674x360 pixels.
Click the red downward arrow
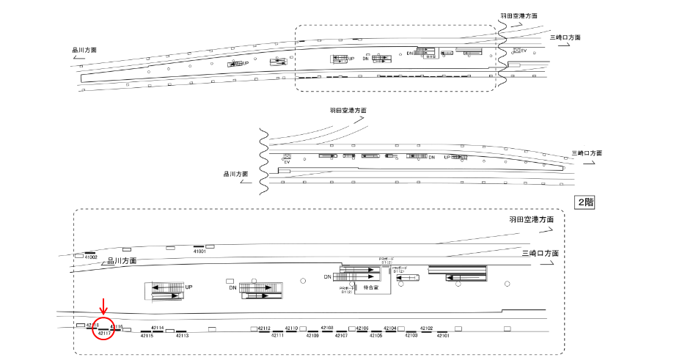pyautogui.click(x=103, y=306)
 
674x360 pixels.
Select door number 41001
pyautogui.click(x=199, y=251)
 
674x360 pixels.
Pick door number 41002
pyautogui.click(x=91, y=257)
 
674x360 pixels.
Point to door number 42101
pyautogui.click(x=443, y=335)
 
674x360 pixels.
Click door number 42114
pyautogui.click(x=157, y=328)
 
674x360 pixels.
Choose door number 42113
pyautogui.click(x=181, y=335)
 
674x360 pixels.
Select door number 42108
pyautogui.click(x=328, y=328)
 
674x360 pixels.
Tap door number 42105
pyautogui.click(x=375, y=335)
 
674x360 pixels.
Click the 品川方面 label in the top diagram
pyautogui.click(x=84, y=50)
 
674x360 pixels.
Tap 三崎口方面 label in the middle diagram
pyautogui.click(x=587, y=153)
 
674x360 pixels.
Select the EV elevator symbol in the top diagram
pyautogui.click(x=520, y=50)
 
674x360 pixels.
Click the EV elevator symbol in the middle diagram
pyautogui.click(x=287, y=158)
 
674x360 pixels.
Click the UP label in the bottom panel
pyautogui.click(x=188, y=287)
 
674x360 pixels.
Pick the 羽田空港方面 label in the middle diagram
pyautogui.click(x=348, y=110)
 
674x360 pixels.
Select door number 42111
pyautogui.click(x=277, y=335)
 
